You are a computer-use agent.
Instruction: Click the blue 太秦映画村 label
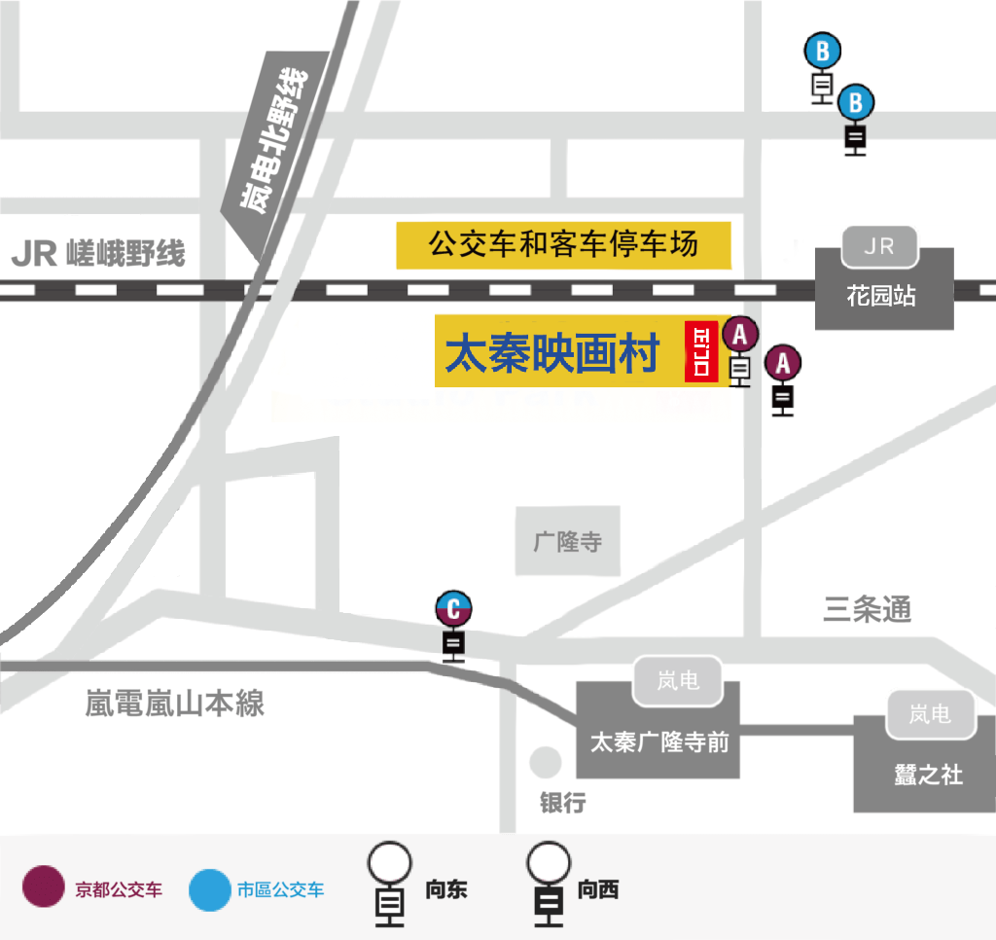click(x=552, y=353)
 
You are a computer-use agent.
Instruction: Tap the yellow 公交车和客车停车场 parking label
click(x=563, y=244)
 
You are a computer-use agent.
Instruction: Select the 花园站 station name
click(x=881, y=296)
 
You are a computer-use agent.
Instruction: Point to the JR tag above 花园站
click(x=879, y=246)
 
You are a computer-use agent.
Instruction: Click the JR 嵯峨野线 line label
click(x=98, y=253)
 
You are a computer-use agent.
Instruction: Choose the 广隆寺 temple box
click(x=567, y=541)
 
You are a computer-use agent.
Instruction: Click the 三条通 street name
click(x=867, y=609)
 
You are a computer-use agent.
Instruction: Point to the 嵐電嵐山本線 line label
click(x=175, y=703)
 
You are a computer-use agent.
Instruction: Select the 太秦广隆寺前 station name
click(x=659, y=742)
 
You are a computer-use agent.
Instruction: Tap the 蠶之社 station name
click(x=929, y=775)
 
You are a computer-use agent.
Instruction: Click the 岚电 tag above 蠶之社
click(x=930, y=714)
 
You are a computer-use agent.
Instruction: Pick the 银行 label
click(x=563, y=802)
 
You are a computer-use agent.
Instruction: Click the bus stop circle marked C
click(x=453, y=608)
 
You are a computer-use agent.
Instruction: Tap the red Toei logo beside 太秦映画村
click(x=701, y=351)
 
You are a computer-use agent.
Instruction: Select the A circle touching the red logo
click(x=739, y=335)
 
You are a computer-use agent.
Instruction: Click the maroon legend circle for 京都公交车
click(x=43, y=886)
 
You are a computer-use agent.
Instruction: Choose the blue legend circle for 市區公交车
click(x=210, y=889)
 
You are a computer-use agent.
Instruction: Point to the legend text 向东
click(x=445, y=889)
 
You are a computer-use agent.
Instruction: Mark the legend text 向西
click(x=598, y=889)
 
